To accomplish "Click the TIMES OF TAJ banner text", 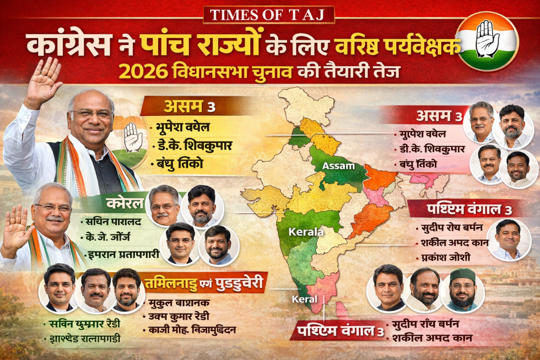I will click(x=269, y=15).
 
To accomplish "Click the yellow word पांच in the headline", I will click(x=165, y=46).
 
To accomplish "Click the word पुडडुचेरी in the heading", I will click(x=239, y=283).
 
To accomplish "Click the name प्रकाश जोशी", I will click(x=443, y=259).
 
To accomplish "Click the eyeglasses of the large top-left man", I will click(x=92, y=114).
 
